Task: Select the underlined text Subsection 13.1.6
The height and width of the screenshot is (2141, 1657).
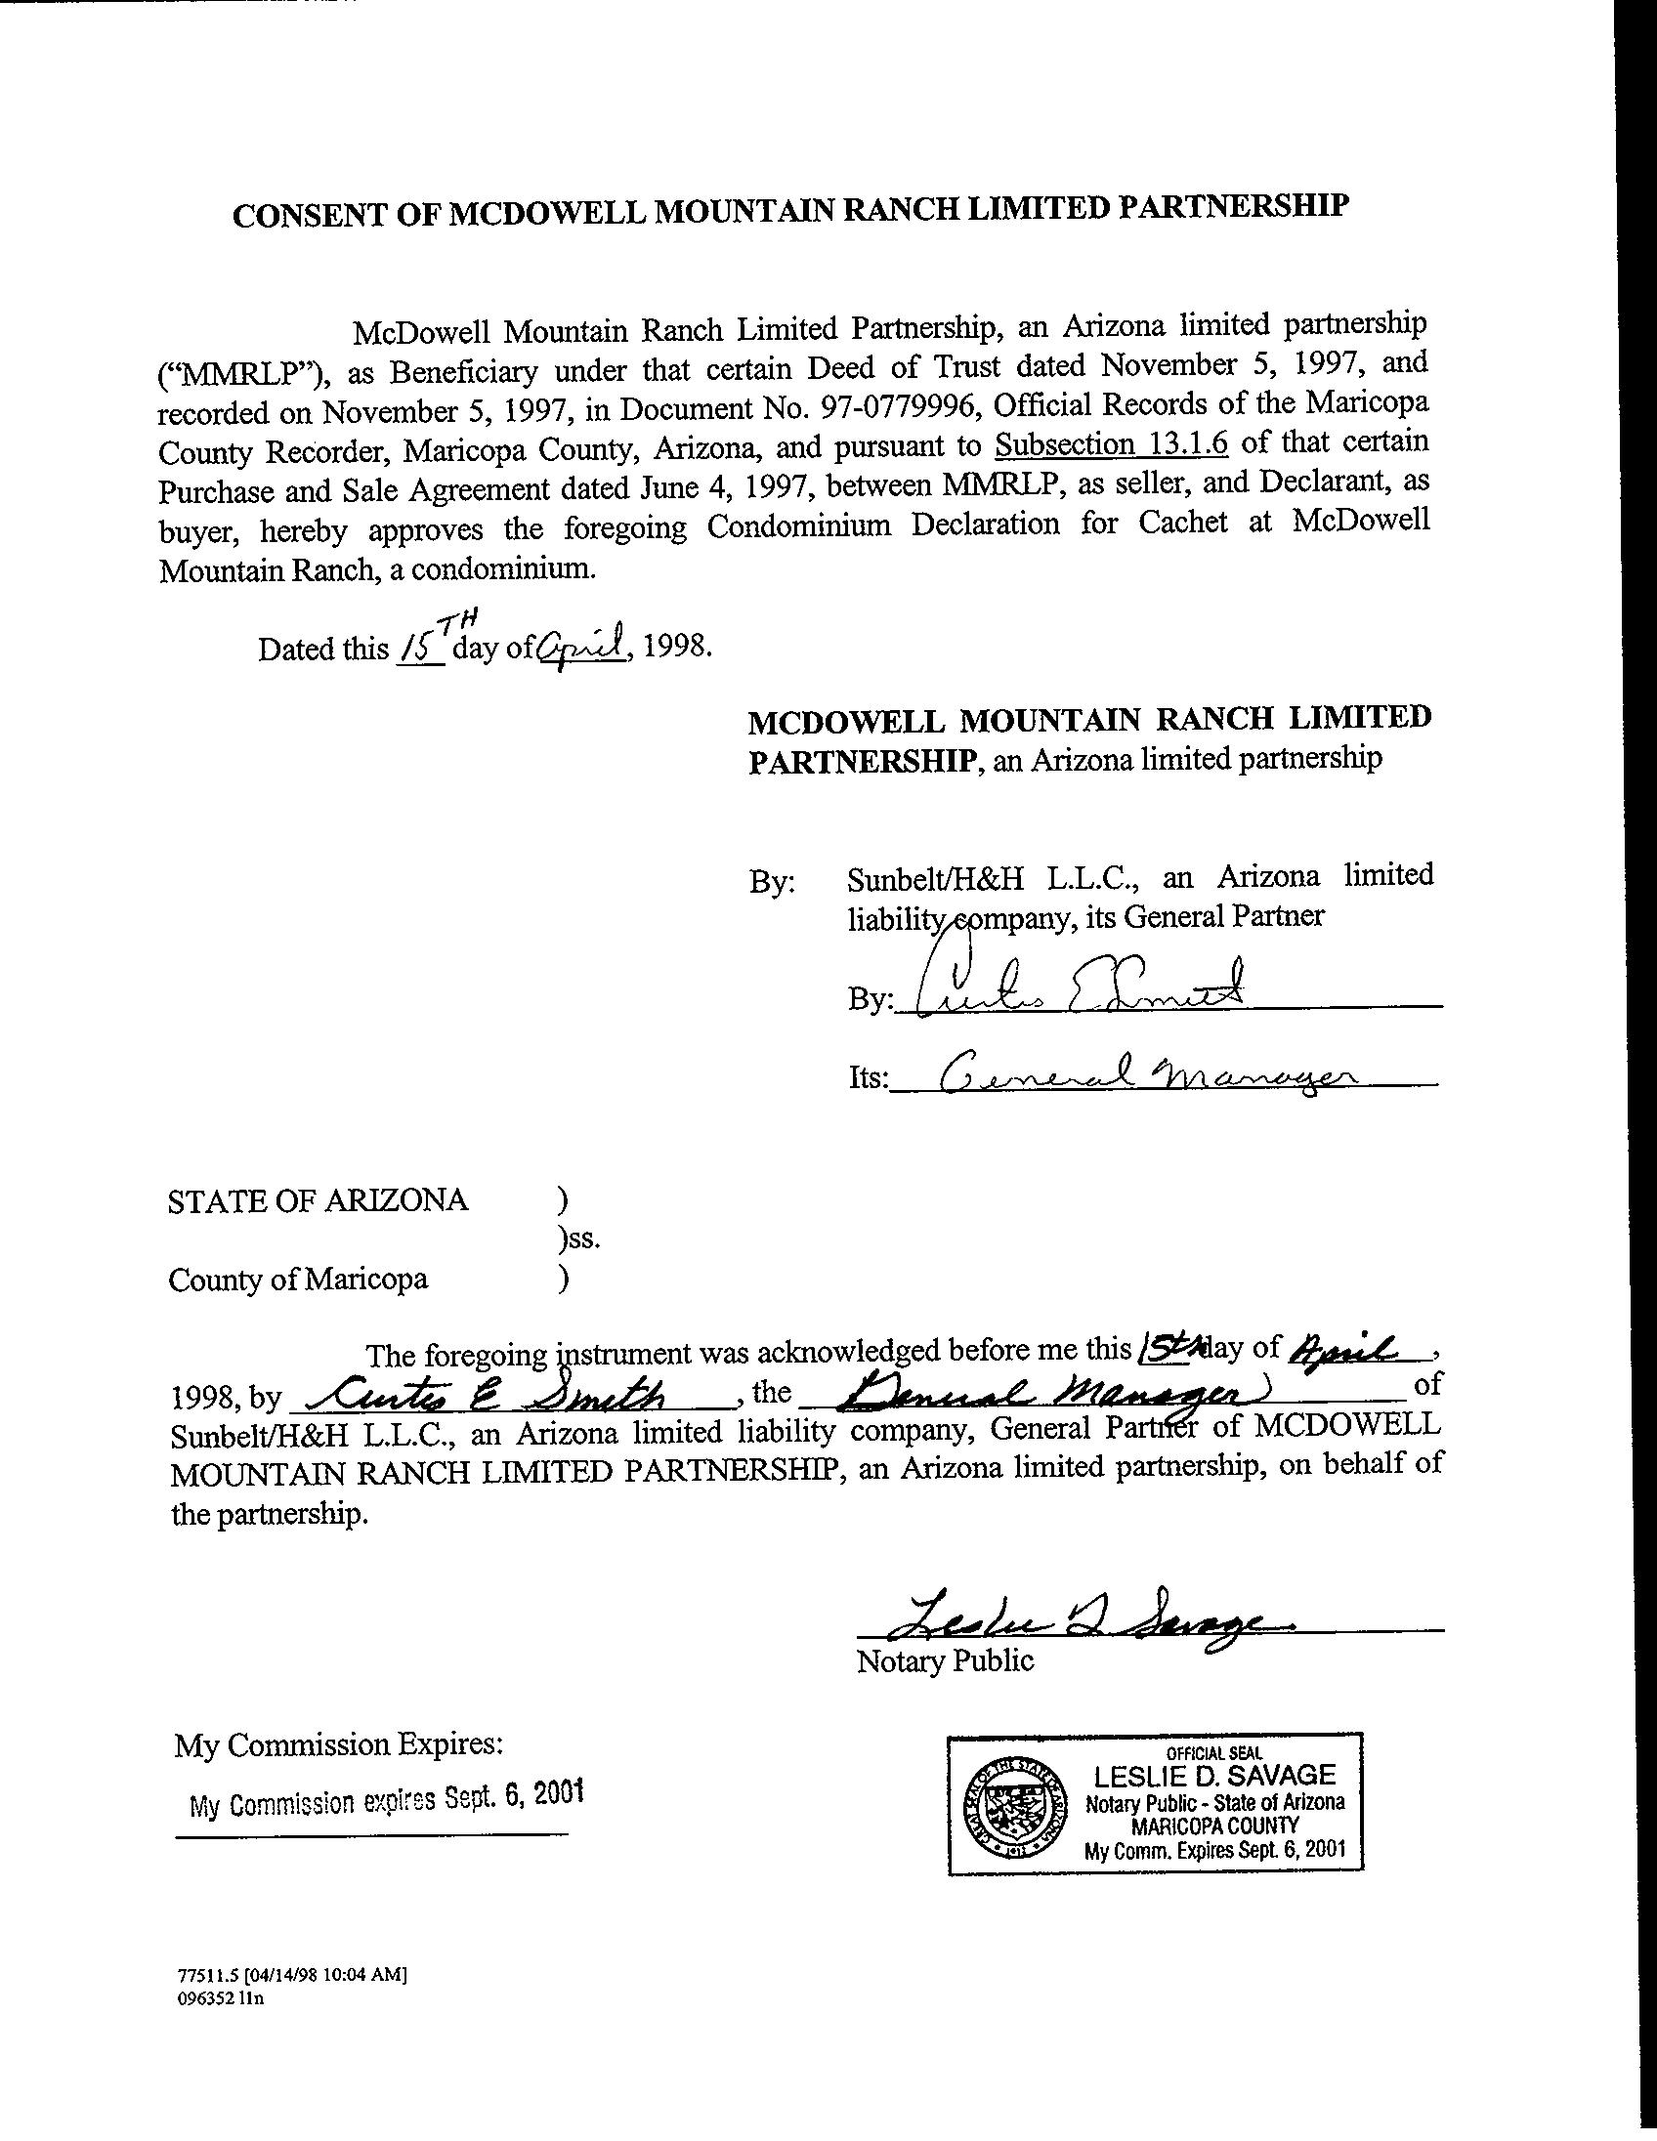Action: point(1111,445)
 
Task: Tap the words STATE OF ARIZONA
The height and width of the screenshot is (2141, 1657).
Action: point(318,1200)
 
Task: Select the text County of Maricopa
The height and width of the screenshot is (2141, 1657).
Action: point(298,1280)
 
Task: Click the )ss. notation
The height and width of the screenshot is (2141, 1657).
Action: point(577,1240)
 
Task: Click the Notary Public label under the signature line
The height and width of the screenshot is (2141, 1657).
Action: point(944,1660)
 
